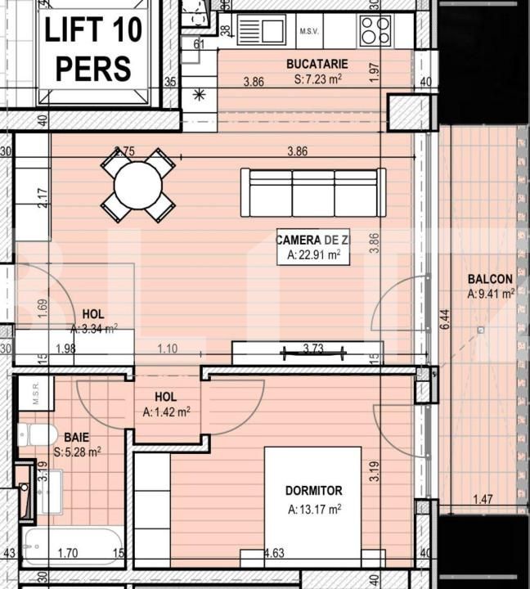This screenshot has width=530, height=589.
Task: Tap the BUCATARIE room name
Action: (x=317, y=64)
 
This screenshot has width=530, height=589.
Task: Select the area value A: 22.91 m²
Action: (x=313, y=255)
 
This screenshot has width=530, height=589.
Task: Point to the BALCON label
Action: (x=490, y=279)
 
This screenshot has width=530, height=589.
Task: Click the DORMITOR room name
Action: (x=313, y=491)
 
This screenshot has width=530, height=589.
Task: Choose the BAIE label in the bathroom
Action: (x=77, y=438)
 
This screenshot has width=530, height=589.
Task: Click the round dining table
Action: (x=137, y=185)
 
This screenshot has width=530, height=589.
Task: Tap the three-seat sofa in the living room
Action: (x=312, y=192)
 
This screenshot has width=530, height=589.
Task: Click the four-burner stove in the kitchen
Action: (x=375, y=31)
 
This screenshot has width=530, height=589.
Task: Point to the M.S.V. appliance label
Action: (x=309, y=32)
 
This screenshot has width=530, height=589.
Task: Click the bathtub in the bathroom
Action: (x=72, y=546)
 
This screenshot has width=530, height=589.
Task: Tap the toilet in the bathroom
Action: (x=37, y=434)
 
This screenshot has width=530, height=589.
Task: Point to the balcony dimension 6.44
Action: (x=444, y=319)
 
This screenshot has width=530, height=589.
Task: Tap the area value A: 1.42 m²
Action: (x=166, y=412)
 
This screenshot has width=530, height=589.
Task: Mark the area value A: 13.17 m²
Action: (x=314, y=509)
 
